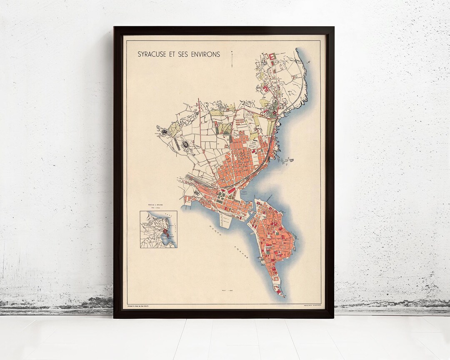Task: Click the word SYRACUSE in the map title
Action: (x=154, y=54)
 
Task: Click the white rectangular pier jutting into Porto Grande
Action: (x=225, y=220)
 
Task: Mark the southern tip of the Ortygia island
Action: (x=283, y=295)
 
